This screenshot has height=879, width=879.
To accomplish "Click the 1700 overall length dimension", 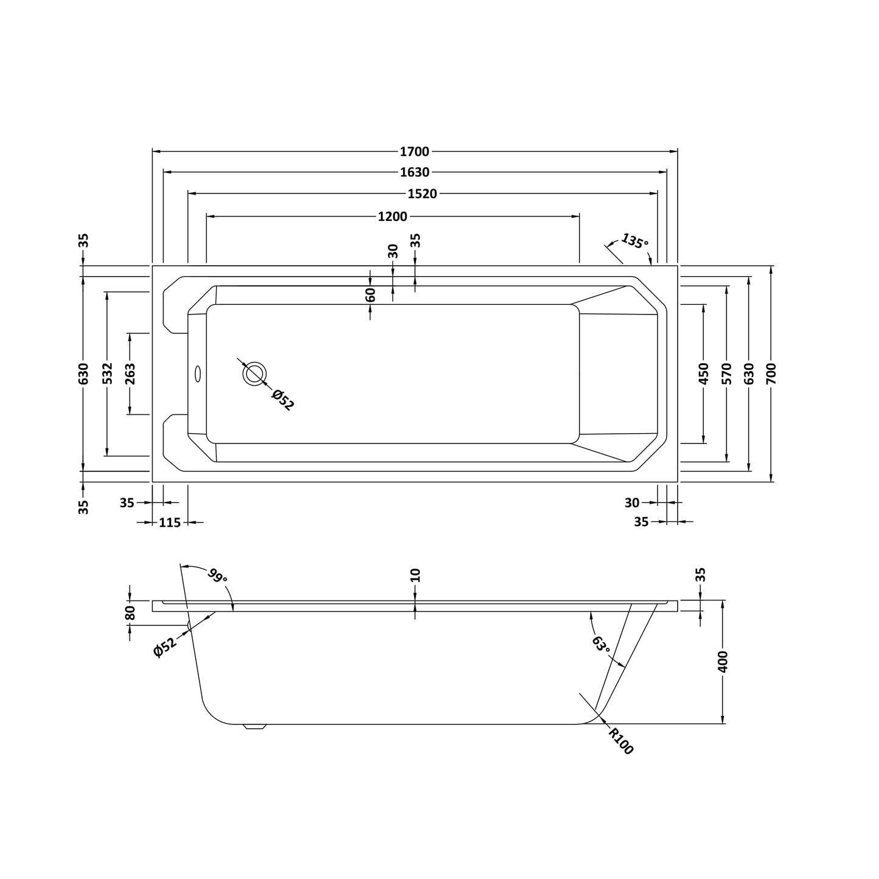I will pyautogui.click(x=414, y=151).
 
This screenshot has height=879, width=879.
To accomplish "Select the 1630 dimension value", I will pyautogui.click(x=414, y=172).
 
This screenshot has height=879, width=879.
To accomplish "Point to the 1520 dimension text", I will pyautogui.click(x=422, y=194).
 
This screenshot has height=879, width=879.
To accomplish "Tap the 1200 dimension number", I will pyautogui.click(x=392, y=217).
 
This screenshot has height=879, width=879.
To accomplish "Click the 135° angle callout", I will pyautogui.click(x=634, y=241).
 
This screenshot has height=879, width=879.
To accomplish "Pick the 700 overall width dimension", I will pyautogui.click(x=771, y=373).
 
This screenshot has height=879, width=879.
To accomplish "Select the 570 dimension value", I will pyautogui.click(x=726, y=373).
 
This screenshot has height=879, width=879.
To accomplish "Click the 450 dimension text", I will pyautogui.click(x=704, y=373).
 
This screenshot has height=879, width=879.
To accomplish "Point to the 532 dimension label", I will pyautogui.click(x=107, y=373).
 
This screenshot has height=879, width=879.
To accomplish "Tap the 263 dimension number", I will pyautogui.click(x=130, y=373).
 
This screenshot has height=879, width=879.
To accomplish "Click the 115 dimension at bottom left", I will pyautogui.click(x=170, y=523).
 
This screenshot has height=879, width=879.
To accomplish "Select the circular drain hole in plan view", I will pyautogui.click(x=254, y=373).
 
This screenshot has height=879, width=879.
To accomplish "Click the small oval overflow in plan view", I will pyautogui.click(x=197, y=373).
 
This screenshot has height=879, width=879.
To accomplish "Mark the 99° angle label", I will pyautogui.click(x=217, y=575).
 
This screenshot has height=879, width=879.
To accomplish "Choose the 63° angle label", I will pyautogui.click(x=600, y=644).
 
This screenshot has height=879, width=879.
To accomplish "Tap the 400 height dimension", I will pyautogui.click(x=723, y=661).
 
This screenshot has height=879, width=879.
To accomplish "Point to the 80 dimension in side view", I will pyautogui.click(x=130, y=613).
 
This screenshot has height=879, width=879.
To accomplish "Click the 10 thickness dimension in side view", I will pyautogui.click(x=415, y=575).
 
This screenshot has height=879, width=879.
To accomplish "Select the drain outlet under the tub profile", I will pyautogui.click(x=255, y=727).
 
